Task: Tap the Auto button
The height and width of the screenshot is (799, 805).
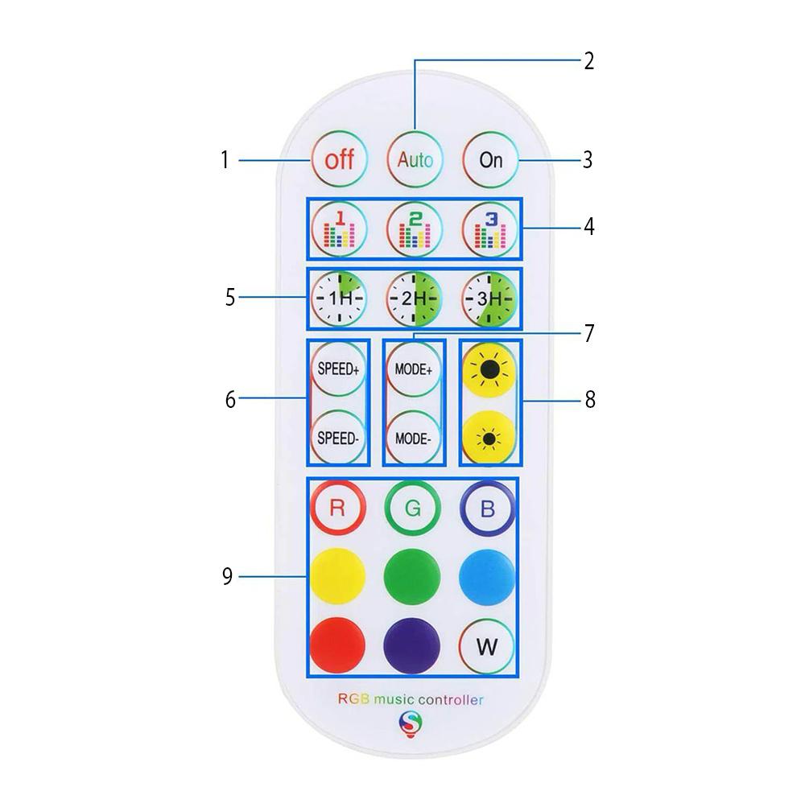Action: pyautogui.click(x=415, y=159)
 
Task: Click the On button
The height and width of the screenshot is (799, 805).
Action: pyautogui.click(x=490, y=159)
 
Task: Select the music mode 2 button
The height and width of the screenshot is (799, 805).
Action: pyautogui.click(x=415, y=229)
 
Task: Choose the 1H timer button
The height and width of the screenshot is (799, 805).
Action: pyautogui.click(x=339, y=299)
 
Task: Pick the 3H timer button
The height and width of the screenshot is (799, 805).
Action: pyautogui.click(x=489, y=299)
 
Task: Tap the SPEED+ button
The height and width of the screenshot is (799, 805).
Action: pyautogui.click(x=338, y=369)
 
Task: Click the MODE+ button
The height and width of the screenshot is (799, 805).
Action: pyautogui.click(x=414, y=369)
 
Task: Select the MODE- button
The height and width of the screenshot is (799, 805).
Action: pyautogui.click(x=414, y=439)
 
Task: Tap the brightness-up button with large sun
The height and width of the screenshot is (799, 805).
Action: pyautogui.click(x=489, y=369)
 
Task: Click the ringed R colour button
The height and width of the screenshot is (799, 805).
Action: pyautogui.click(x=338, y=508)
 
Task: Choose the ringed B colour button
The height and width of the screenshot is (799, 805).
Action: pyautogui.click(x=488, y=508)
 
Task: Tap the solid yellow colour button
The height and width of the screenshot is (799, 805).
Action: pyautogui.click(x=338, y=576)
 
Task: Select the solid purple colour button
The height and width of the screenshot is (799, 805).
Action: pyautogui.click(x=411, y=645)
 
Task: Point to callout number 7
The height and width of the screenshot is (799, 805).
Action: pyautogui.click(x=589, y=333)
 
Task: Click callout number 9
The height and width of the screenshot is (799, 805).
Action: pyautogui.click(x=228, y=576)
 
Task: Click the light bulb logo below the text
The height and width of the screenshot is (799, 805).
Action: pyautogui.click(x=411, y=723)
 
